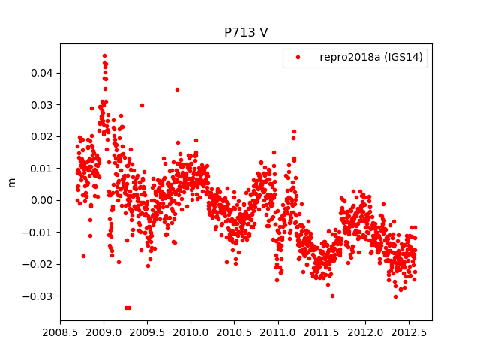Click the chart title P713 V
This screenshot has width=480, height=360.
[x=246, y=33]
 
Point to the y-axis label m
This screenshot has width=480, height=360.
[x=11, y=181]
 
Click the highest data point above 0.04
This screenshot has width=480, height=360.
[x=104, y=55]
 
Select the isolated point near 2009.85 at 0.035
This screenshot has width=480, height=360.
[x=177, y=89]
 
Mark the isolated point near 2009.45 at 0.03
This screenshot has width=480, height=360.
[x=142, y=105]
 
